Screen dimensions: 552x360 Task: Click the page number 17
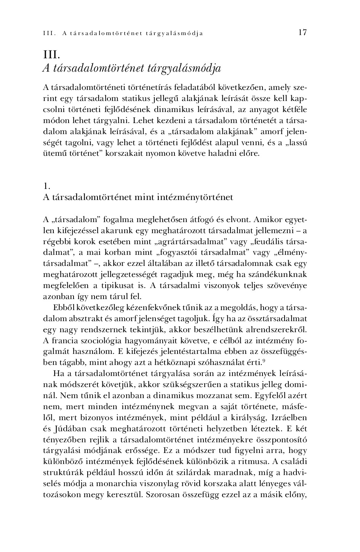[x=302, y=32]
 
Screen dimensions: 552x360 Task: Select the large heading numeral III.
[x=51, y=53]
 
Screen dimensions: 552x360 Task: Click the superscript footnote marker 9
[x=264, y=360]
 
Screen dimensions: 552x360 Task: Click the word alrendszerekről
[x=278, y=329]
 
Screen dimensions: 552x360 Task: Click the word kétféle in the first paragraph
[x=294, y=110]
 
